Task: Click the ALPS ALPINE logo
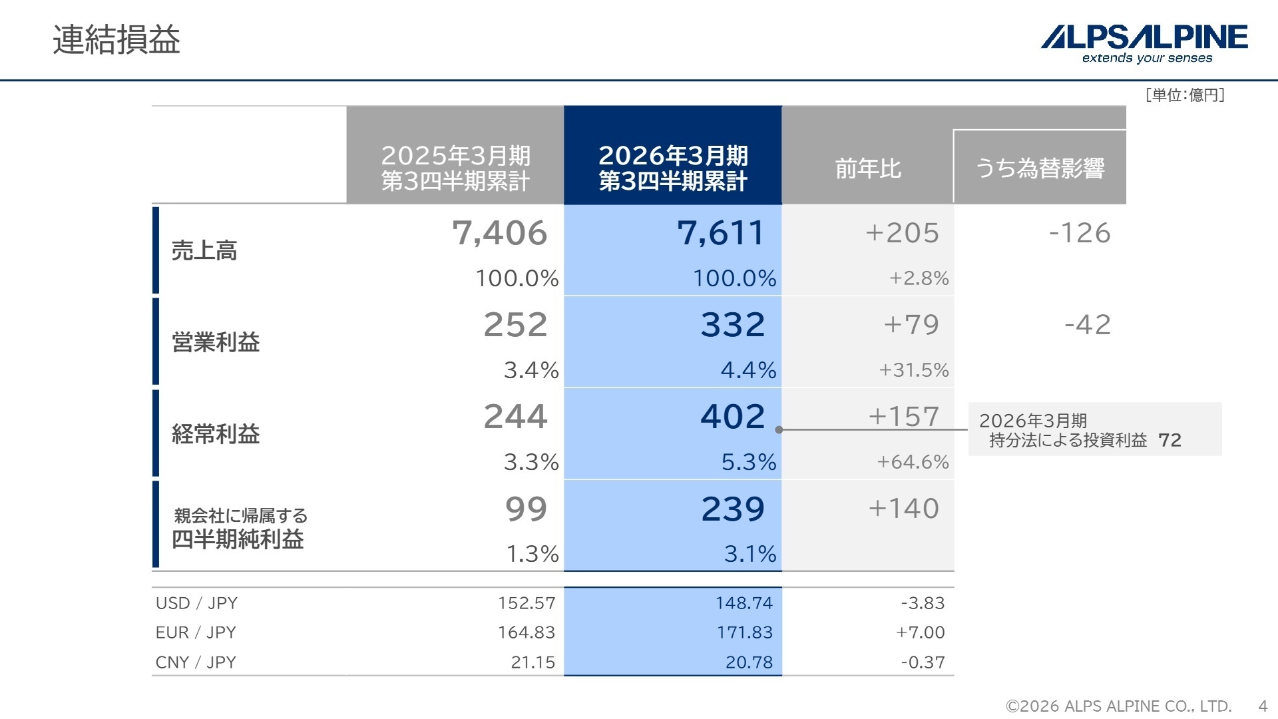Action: [1144, 43]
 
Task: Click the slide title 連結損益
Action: [116, 40]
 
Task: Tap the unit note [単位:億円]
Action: [1185, 95]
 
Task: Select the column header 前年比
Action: [868, 168]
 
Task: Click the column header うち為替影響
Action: [1040, 168]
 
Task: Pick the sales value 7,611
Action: [721, 233]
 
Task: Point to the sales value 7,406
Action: [500, 233]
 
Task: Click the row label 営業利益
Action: [216, 342]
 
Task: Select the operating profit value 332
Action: [733, 325]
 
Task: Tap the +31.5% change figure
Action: [914, 370]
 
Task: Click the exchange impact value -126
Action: [1080, 233]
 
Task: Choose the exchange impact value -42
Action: [1088, 325]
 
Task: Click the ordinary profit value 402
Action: [733, 417]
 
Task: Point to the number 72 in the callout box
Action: [1170, 440]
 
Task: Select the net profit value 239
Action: [733, 509]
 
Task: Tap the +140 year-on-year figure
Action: [903, 509]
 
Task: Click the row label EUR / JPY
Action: [196, 632]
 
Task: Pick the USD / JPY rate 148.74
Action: [744, 603]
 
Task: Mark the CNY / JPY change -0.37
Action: [923, 662]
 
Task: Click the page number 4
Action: [1263, 706]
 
